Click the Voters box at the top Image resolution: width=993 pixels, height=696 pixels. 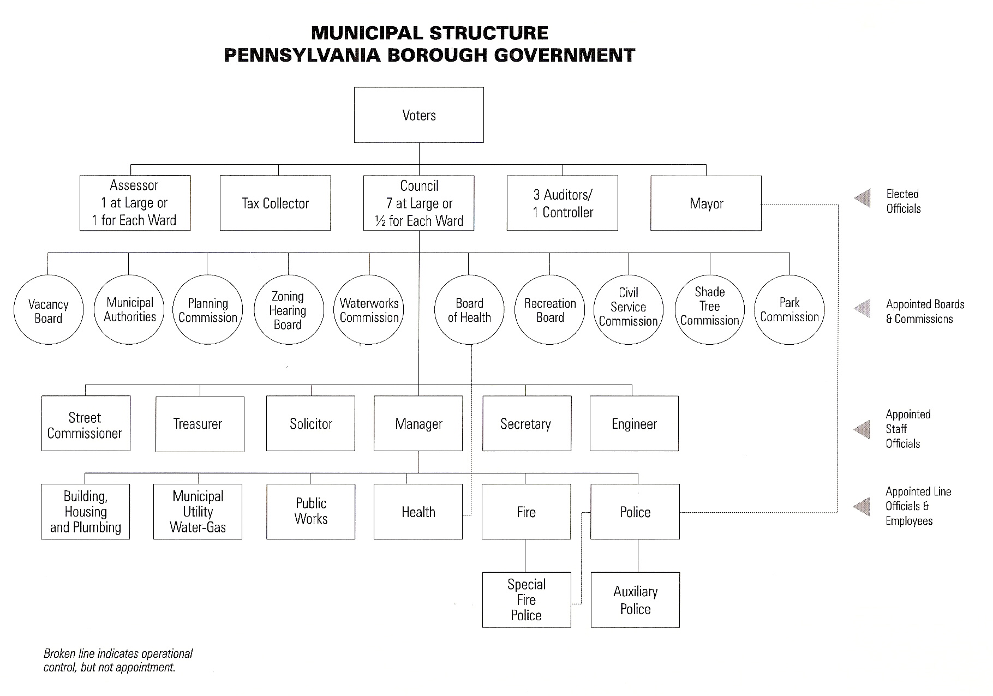(x=418, y=115)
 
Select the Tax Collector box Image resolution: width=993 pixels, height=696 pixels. (x=275, y=203)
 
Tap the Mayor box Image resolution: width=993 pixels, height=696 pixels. (x=706, y=203)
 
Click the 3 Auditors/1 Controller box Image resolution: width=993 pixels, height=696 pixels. (x=563, y=203)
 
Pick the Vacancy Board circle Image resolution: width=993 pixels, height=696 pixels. (x=49, y=310)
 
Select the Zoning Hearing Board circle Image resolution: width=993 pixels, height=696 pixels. (x=288, y=310)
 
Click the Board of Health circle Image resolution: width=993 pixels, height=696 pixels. (x=469, y=310)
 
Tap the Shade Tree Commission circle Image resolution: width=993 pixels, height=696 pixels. (x=709, y=310)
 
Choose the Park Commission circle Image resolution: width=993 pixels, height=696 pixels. (x=789, y=310)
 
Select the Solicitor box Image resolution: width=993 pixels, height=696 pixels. (x=310, y=424)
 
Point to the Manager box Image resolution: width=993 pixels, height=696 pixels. (x=418, y=424)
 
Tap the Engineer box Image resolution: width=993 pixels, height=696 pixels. (x=634, y=424)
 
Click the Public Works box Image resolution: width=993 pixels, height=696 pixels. (x=310, y=512)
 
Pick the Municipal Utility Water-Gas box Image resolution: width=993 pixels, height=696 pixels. (x=198, y=512)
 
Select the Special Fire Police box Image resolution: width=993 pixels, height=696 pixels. (x=527, y=600)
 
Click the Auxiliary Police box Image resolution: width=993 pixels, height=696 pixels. (x=635, y=600)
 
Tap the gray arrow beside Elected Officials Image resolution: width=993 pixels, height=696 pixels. (x=863, y=199)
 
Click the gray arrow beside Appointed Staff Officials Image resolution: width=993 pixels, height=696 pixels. (x=863, y=429)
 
